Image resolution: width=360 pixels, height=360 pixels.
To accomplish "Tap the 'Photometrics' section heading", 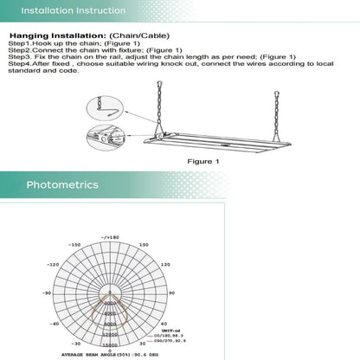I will coord(62,184).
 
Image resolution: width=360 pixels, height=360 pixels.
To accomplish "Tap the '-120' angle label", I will coord(51,267).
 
